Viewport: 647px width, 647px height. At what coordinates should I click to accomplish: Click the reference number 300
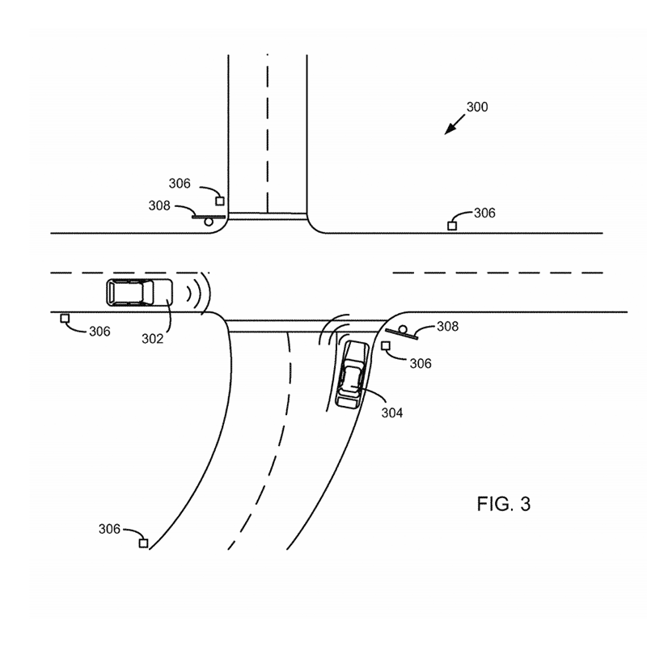pos(477,107)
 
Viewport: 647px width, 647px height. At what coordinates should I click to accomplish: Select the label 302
pos(152,339)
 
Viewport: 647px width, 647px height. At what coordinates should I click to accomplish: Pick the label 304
pos(391,412)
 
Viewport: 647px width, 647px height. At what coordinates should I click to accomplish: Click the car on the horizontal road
pos(139,292)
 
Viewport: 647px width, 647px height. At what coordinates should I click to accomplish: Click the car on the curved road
pos(353,372)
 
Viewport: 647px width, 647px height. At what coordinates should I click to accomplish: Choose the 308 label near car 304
pos(447,327)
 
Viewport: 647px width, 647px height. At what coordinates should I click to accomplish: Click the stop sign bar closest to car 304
pos(400,332)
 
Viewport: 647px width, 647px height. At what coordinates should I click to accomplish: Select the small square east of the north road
pos(452,226)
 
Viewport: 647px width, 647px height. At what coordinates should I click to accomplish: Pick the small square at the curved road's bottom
pos(143,543)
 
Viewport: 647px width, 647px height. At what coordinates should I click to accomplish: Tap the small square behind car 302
pos(65,319)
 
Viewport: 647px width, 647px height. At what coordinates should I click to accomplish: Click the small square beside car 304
pos(386,346)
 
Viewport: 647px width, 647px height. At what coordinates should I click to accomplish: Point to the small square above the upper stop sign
pos(219,201)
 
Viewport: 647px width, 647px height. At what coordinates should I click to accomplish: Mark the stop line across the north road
pos(267,215)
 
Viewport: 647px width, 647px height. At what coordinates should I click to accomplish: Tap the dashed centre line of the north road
pos(267,129)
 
